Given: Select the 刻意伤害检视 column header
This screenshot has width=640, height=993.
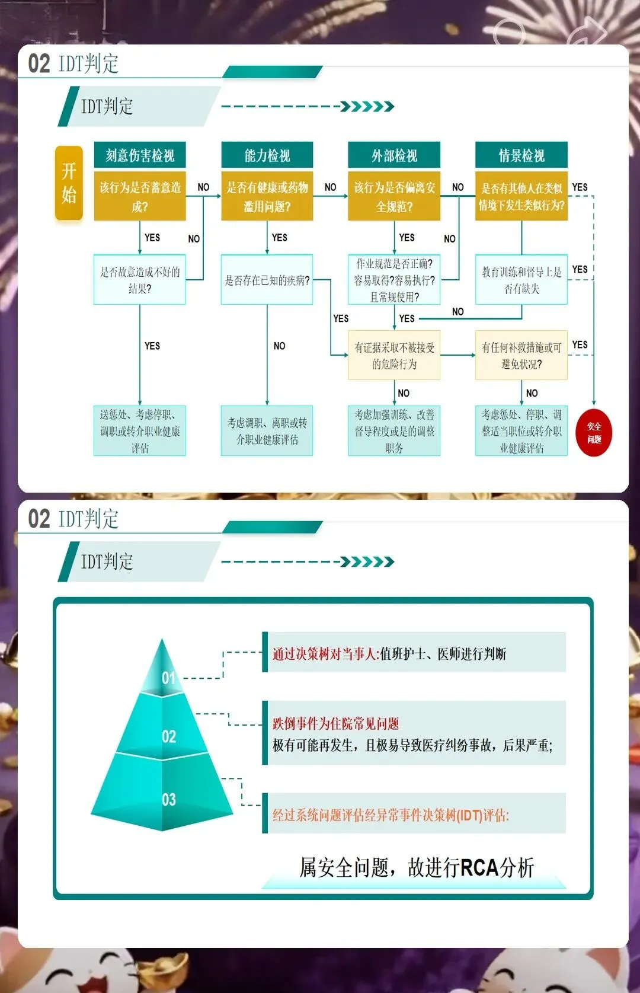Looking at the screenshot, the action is pos(140,155).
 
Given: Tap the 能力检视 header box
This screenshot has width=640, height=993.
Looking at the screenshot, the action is pos(267,155).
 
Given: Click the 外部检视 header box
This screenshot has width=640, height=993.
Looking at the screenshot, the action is pos(394,155).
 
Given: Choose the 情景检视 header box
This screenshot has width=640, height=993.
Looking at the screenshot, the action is pos(521,155).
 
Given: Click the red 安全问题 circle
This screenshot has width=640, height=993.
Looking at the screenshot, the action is pos(594,433).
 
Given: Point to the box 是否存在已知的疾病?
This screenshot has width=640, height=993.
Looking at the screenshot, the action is pos(267,280).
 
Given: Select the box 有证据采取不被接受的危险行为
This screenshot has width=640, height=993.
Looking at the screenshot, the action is pos(394,355).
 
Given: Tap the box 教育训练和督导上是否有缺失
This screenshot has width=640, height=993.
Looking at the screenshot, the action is pos(521,280).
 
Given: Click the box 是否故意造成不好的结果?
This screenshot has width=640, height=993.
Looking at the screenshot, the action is pos(140,280).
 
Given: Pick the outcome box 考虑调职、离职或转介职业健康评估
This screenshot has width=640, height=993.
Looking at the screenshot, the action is pos(267,431).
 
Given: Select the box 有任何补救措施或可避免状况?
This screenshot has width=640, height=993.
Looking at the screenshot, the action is pos(521,355).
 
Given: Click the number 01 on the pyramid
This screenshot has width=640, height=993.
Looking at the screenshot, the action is pos(169,677).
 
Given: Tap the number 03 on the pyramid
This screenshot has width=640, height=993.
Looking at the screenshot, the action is pos(169,800).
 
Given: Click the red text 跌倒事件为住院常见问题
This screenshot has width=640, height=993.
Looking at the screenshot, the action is pos(335,723).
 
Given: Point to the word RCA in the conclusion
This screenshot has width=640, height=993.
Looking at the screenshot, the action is pos(479,867).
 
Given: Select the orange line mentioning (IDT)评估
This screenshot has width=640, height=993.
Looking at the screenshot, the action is pos(391,815).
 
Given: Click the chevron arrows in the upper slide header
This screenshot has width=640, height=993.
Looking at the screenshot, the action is pos(367,107).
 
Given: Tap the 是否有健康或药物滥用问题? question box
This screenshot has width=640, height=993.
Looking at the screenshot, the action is pos(267,196).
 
